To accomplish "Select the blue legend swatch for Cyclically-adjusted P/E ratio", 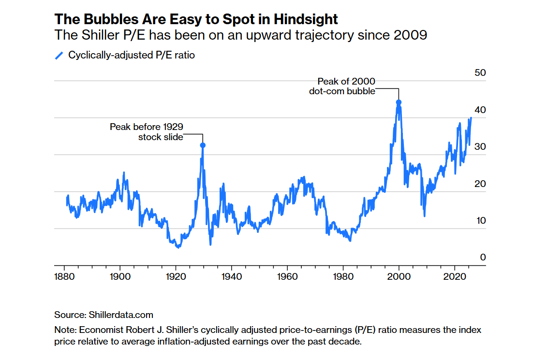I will tap(59, 56).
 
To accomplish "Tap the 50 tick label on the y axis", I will tap(480, 73).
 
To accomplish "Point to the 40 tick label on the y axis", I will tap(480, 110).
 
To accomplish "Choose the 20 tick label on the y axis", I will tap(480, 184).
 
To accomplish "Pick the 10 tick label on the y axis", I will tap(480, 221).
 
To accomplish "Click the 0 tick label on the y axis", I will tap(483, 258).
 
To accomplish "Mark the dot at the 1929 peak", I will tap(203, 145).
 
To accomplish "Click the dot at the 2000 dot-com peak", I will tap(399, 102).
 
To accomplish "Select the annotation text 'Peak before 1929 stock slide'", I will tap(147, 132).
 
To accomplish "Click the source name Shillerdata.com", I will tap(121, 315).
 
